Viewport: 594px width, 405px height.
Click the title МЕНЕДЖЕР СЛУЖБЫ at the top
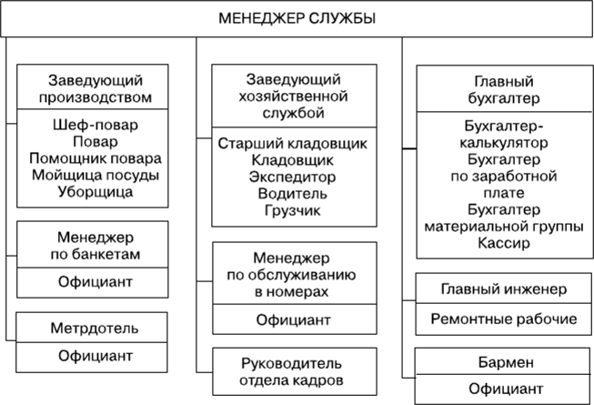click(297, 18)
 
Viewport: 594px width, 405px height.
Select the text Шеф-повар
click(96, 125)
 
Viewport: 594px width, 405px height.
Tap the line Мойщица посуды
click(96, 175)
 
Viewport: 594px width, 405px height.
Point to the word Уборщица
click(96, 192)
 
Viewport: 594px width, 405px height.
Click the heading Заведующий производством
click(96, 88)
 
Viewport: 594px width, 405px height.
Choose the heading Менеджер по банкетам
click(96, 246)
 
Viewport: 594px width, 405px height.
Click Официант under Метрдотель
click(96, 356)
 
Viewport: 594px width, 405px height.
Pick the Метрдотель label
click(95, 328)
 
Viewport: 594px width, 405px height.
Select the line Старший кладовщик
click(293, 144)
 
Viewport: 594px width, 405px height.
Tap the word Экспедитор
click(293, 177)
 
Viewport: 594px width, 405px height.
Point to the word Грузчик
click(293, 210)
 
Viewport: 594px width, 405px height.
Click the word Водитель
click(293, 194)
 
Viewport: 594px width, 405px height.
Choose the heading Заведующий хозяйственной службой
click(293, 96)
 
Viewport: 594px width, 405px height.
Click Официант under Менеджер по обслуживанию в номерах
click(294, 320)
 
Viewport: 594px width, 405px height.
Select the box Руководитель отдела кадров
click(295, 371)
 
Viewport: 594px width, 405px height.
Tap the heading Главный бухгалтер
click(504, 90)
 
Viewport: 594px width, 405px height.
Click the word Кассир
click(504, 243)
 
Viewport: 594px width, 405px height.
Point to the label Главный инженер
click(504, 289)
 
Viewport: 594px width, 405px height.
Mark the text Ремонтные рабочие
click(504, 319)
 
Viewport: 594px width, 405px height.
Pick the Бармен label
click(506, 362)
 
